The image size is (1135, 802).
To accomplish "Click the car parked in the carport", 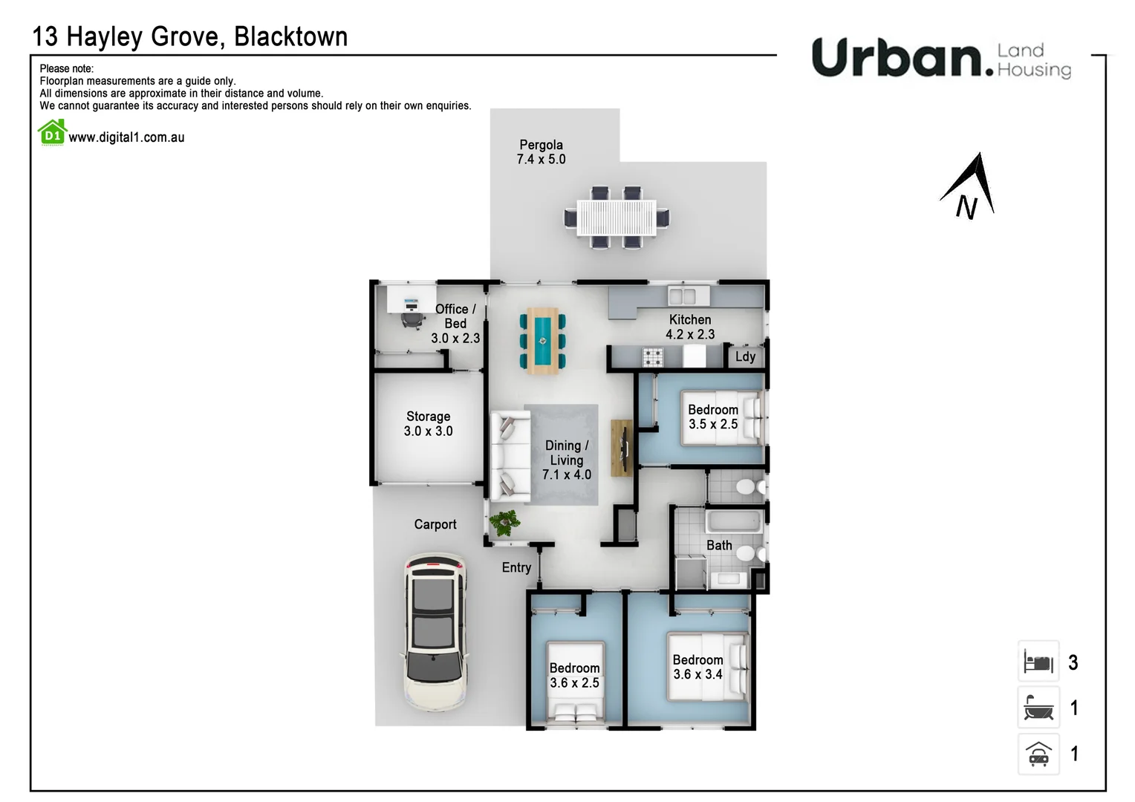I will pyautogui.click(x=435, y=632).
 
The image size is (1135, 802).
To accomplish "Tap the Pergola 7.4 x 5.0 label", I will pyautogui.click(x=541, y=152).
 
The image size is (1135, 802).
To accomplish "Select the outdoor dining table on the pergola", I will pyautogui.click(x=617, y=218).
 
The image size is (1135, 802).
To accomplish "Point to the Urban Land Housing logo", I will pyautogui.click(x=940, y=58).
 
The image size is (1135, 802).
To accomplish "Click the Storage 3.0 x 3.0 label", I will pyautogui.click(x=428, y=424).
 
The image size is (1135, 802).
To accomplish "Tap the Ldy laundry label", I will pyautogui.click(x=745, y=356).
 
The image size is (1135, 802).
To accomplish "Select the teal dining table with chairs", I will pyautogui.click(x=542, y=341).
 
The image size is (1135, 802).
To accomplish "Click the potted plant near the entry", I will pyautogui.click(x=505, y=522).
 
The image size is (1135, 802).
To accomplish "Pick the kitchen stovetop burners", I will pyautogui.click(x=653, y=358).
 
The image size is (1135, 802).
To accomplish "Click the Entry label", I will pyautogui.click(x=516, y=568).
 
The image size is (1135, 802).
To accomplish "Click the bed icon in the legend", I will pyautogui.click(x=1038, y=661).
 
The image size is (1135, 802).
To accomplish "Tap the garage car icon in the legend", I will pyautogui.click(x=1038, y=754).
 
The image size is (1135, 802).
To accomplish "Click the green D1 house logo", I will pyautogui.click(x=52, y=134).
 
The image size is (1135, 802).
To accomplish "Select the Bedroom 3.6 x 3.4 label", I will pyautogui.click(x=697, y=667).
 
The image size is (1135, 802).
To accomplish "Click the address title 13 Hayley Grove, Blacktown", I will pyautogui.click(x=190, y=36).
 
